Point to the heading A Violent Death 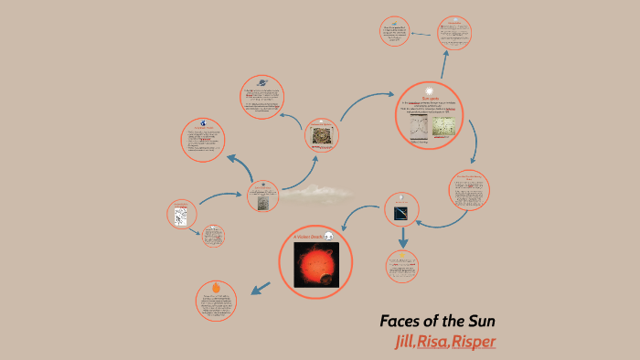[x=306, y=237]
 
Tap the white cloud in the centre [x=316, y=192]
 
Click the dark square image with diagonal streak [x=401, y=212]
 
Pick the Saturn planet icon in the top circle [x=262, y=81]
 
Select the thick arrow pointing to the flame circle [x=261, y=289]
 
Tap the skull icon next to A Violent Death [x=329, y=237]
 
